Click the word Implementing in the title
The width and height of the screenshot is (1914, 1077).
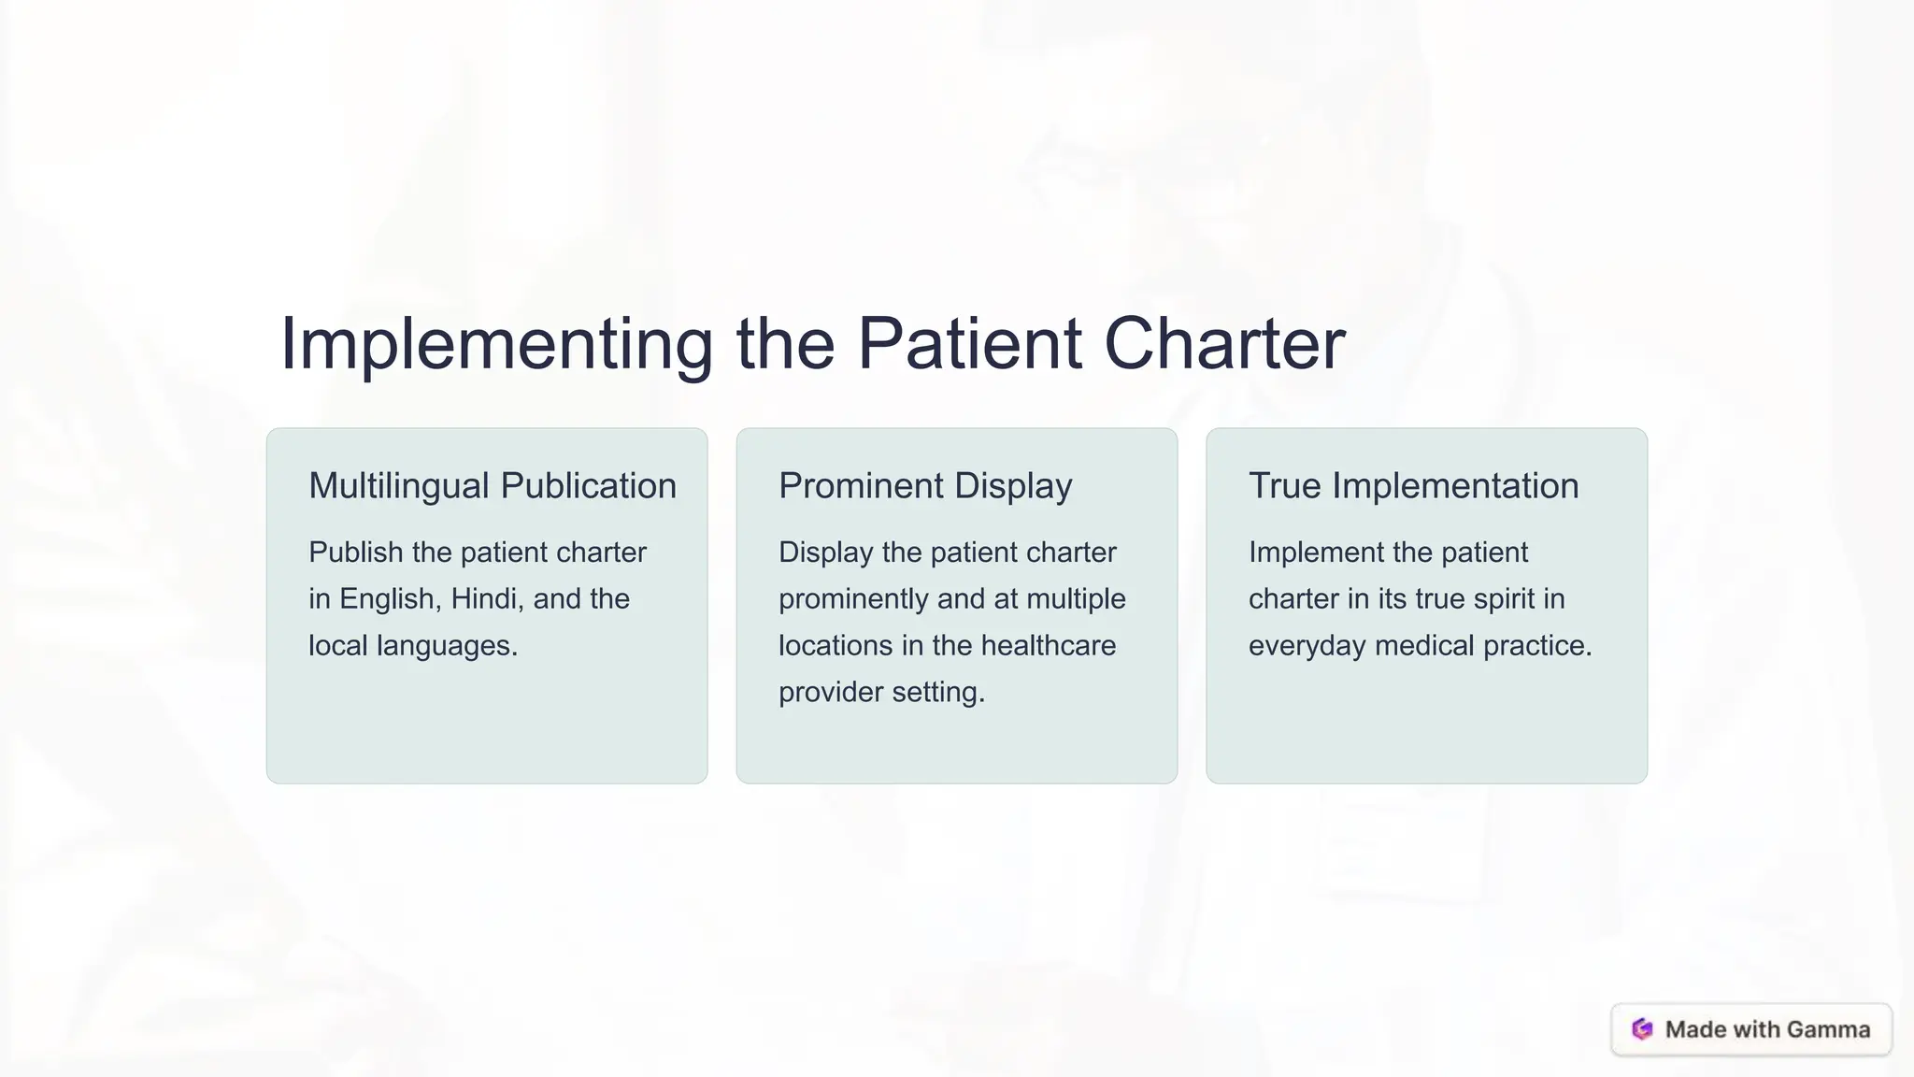(496, 345)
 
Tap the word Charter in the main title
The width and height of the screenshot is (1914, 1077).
(1224, 343)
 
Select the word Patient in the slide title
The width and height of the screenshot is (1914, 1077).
(969, 343)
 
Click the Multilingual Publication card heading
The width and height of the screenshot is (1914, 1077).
(493, 486)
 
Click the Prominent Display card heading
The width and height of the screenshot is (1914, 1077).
(925, 486)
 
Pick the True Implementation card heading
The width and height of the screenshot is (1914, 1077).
(1413, 486)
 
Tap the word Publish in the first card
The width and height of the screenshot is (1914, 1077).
(355, 553)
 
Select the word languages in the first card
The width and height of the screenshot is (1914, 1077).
(447, 646)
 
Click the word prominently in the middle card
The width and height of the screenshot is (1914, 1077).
(853, 599)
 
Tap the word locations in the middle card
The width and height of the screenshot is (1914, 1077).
(836, 646)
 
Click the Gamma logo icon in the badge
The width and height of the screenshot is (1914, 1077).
(1642, 1029)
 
